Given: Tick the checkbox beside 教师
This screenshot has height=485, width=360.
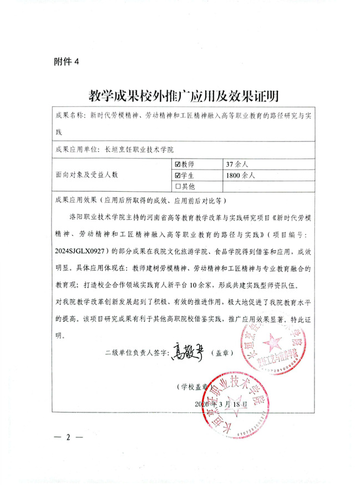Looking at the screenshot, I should point(178,164).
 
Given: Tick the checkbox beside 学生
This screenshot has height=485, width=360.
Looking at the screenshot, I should point(178,175).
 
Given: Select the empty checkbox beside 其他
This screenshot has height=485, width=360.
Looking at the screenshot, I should point(178,186).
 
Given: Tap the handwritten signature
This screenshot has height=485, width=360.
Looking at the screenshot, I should point(189,352).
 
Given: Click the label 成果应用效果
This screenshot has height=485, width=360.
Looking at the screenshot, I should point(74,200).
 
